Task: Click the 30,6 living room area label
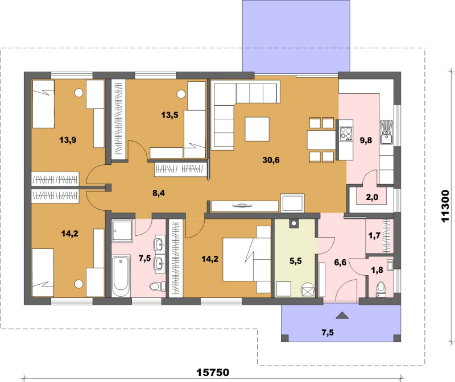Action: [271, 160]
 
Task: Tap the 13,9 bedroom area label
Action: [68, 140]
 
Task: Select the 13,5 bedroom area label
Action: [169, 115]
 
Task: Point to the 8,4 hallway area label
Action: [159, 193]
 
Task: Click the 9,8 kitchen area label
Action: [366, 140]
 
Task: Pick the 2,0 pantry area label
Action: [372, 197]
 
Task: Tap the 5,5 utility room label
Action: [296, 261]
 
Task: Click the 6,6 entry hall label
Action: [340, 263]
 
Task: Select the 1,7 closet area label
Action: [374, 235]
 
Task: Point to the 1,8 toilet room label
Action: [377, 270]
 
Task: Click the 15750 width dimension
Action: [213, 372]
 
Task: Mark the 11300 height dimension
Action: [445, 206]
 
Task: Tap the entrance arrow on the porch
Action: [342, 315]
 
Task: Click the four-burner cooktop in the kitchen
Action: [346, 134]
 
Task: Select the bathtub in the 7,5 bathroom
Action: [121, 276]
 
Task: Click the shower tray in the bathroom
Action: [122, 231]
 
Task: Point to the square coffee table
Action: [257, 129]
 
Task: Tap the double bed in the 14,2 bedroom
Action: [247, 260]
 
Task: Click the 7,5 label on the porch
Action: [328, 333]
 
